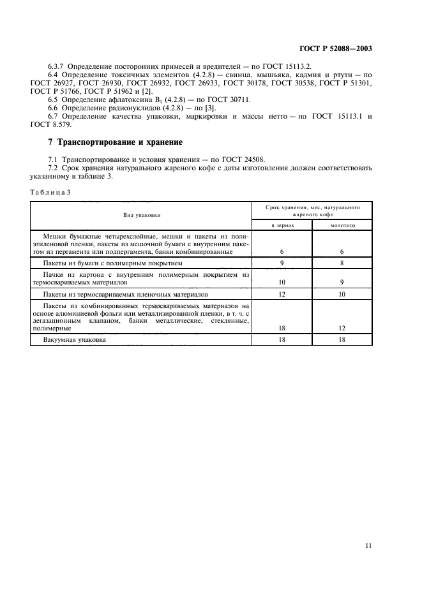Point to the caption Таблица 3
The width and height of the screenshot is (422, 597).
click(x=50, y=192)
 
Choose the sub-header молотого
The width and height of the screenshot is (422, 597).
click(x=342, y=225)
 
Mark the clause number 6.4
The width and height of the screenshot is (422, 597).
click(x=54, y=75)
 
